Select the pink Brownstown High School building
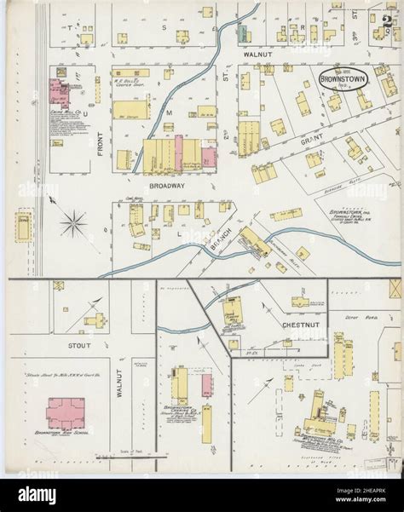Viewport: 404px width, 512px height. (x=61, y=412)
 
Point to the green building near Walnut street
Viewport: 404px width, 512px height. (x=242, y=33)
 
